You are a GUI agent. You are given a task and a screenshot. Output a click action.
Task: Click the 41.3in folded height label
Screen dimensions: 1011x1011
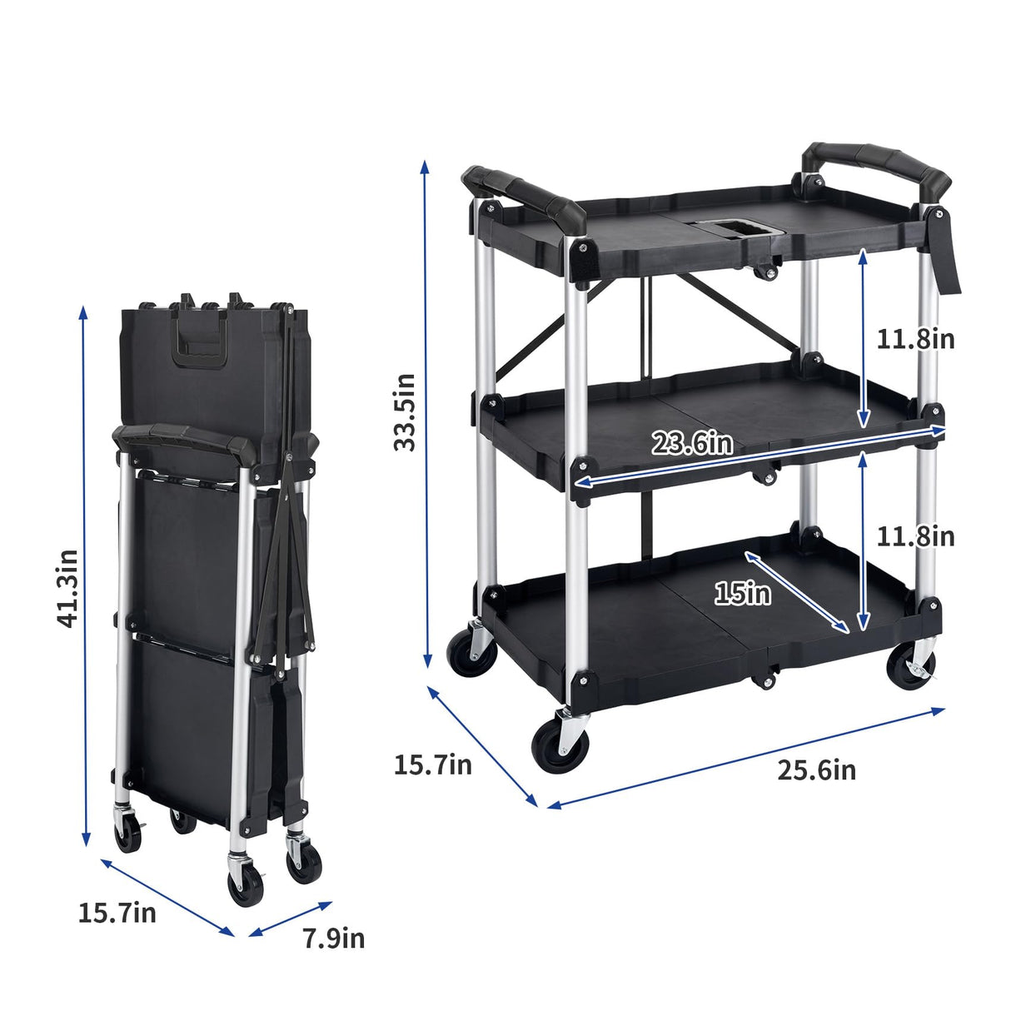click(x=67, y=588)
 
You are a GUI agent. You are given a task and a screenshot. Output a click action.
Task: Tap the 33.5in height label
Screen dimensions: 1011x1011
click(x=406, y=411)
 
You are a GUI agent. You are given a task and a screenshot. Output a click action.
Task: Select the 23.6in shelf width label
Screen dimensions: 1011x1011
click(x=692, y=443)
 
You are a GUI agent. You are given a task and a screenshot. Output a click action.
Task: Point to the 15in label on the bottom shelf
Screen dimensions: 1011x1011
click(x=742, y=594)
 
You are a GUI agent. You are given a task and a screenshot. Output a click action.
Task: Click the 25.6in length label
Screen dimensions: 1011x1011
click(x=816, y=770)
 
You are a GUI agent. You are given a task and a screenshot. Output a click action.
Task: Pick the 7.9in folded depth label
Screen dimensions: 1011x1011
click(x=333, y=939)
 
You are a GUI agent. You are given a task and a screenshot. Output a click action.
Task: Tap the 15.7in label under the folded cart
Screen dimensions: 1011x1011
click(x=117, y=913)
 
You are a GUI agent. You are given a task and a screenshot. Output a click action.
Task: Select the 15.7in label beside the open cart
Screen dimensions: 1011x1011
click(x=432, y=764)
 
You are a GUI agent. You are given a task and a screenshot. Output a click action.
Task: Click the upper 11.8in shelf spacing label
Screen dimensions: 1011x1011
click(x=914, y=339)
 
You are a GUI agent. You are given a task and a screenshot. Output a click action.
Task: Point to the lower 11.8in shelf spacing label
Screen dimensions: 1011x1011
click(x=914, y=536)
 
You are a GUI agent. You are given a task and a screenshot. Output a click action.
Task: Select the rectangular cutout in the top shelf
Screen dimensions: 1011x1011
click(x=736, y=227)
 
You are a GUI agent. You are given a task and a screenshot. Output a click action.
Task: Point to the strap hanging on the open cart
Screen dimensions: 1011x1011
click(x=947, y=253)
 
